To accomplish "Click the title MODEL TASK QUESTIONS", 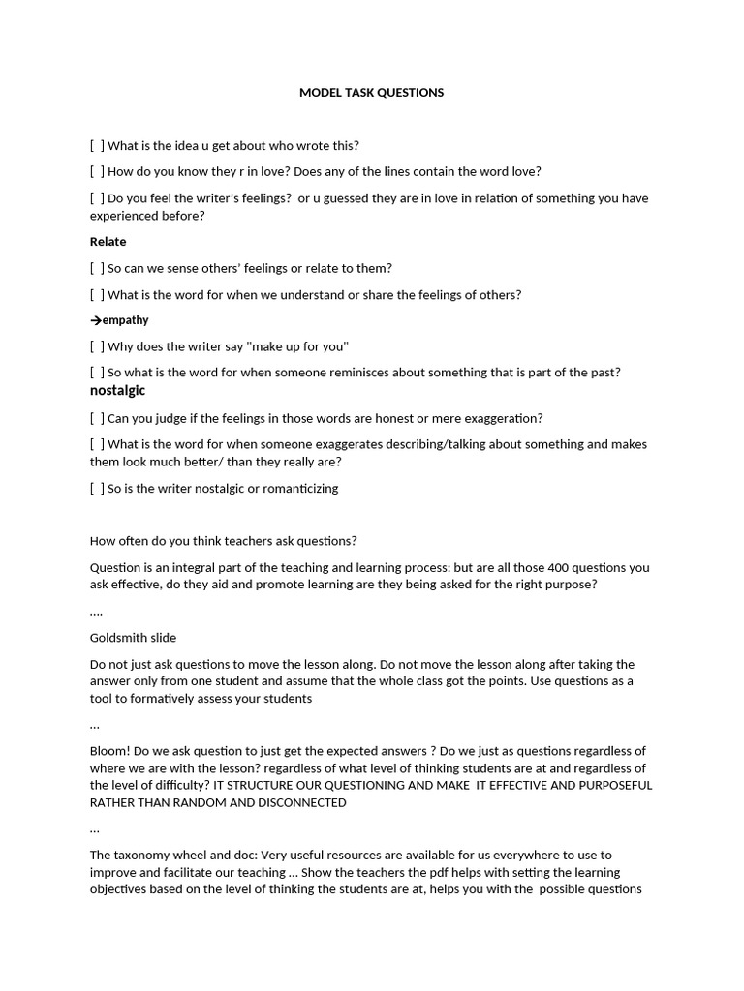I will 371,93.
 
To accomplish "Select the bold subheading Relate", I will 108,242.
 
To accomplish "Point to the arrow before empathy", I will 95,320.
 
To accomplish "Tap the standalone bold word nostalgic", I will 117,391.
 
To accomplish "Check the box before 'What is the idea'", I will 97,146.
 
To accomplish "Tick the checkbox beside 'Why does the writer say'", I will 97,346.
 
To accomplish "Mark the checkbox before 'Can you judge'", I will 97,419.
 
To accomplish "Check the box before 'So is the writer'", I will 97,489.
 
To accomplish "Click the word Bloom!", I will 110,751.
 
